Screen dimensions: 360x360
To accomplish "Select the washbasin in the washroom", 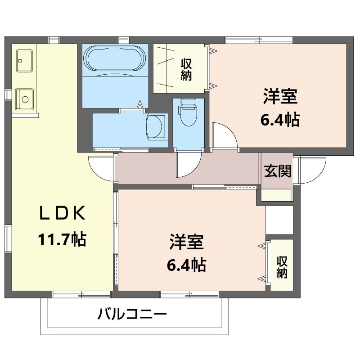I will tap(156, 126).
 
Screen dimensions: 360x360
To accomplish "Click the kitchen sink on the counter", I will tap(24, 98).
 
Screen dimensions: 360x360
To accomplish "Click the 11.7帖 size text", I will tap(62, 239).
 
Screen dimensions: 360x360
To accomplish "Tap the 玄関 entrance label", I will tap(277, 171).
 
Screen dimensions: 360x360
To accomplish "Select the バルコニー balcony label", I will tap(132, 314).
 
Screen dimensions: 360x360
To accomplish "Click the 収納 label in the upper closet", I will tap(187, 70).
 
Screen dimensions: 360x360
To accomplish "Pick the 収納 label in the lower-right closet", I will tap(282, 267).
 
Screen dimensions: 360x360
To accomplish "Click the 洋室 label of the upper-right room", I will tap(280, 97).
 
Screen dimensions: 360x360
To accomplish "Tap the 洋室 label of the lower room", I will tap(186, 242).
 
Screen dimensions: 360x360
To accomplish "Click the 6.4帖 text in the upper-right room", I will tap(280, 120).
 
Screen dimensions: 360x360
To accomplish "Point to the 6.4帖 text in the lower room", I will tap(186, 265).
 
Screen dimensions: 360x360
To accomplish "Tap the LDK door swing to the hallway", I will tap(101, 167).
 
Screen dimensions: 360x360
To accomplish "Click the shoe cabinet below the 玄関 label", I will tap(276, 194).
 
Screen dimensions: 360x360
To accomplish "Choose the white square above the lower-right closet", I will tap(279, 220).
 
